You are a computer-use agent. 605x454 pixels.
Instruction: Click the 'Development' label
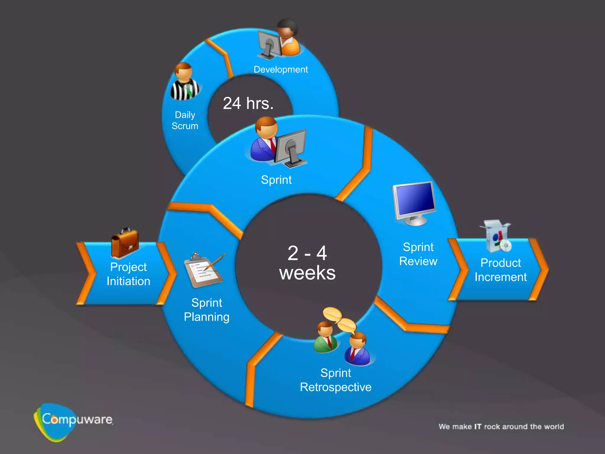pyautogui.click(x=281, y=69)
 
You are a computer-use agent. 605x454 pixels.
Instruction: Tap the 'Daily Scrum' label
pyautogui.click(x=185, y=120)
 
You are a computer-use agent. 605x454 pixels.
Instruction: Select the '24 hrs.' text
pyautogui.click(x=248, y=103)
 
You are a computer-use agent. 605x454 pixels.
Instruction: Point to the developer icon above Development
pyautogui.click(x=279, y=38)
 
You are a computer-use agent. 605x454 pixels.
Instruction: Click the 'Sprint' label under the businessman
pyautogui.click(x=276, y=180)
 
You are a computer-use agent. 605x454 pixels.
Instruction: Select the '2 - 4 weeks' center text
pyautogui.click(x=308, y=263)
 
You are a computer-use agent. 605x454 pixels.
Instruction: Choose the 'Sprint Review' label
pyautogui.click(x=418, y=254)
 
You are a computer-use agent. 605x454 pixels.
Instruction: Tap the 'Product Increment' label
pyautogui.click(x=501, y=270)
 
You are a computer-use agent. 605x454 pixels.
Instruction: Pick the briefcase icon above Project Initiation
pyautogui.click(x=125, y=243)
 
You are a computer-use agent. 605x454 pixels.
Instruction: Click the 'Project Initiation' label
pyautogui.click(x=129, y=274)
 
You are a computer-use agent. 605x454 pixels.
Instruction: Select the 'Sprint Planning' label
pyautogui.click(x=206, y=310)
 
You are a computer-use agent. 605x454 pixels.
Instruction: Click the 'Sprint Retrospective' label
pyautogui.click(x=336, y=380)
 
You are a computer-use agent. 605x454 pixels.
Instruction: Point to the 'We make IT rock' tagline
pyautogui.click(x=501, y=427)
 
